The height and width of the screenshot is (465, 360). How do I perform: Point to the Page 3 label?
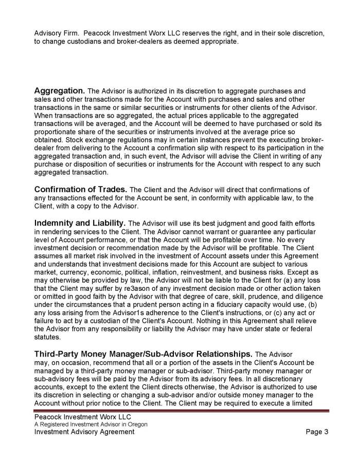click(x=317, y=432)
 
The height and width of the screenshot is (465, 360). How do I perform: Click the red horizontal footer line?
click(x=180, y=411)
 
